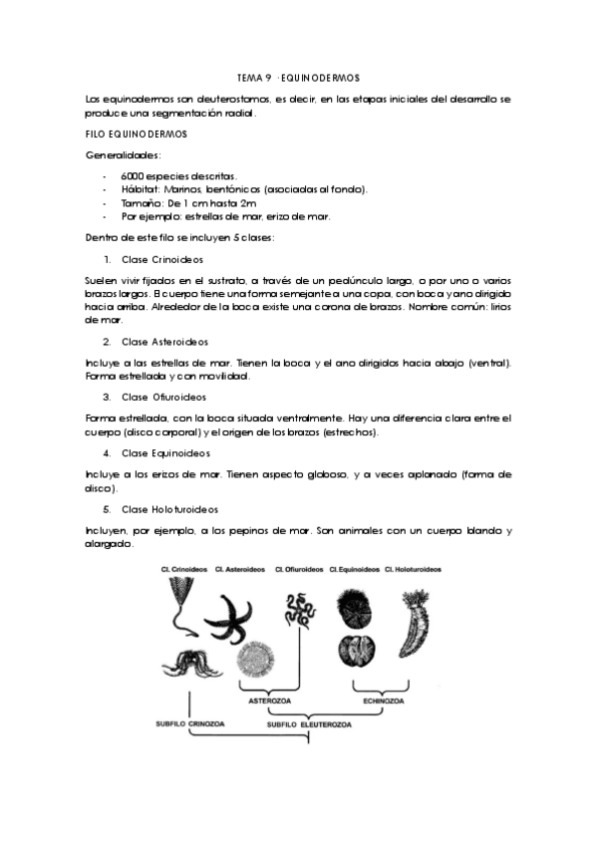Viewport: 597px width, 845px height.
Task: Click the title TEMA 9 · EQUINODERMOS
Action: click(297, 78)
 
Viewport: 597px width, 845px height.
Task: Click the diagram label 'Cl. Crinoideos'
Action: click(185, 569)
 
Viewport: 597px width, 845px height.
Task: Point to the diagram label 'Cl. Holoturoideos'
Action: click(414, 569)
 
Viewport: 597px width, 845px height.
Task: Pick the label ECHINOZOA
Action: click(383, 700)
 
